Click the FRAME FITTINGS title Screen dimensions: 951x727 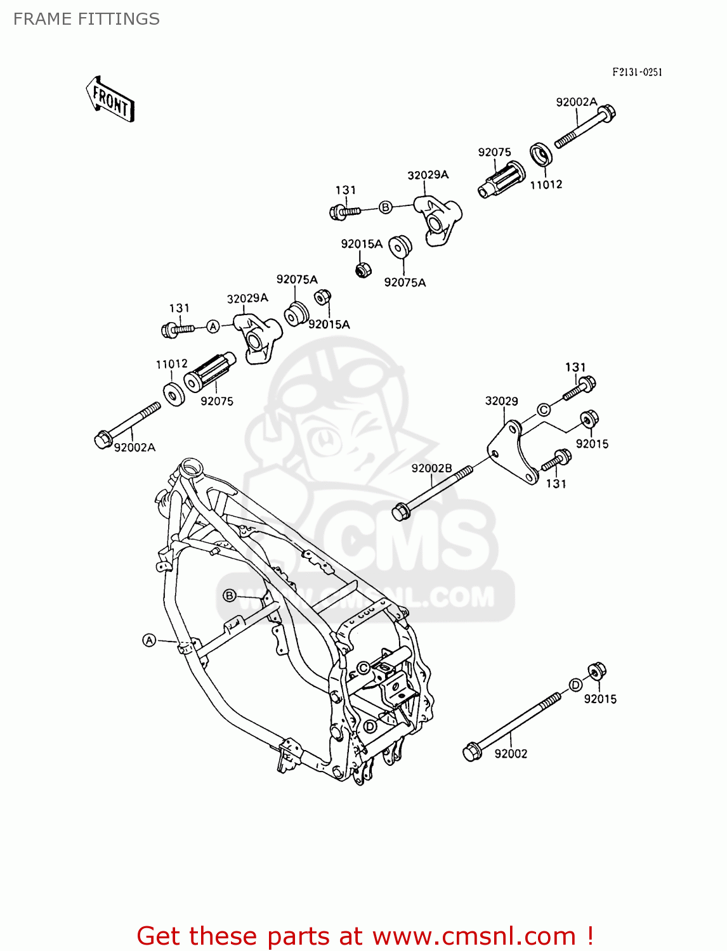pos(86,19)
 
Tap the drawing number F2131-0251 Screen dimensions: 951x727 pos(637,72)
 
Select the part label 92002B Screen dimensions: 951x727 pos(431,469)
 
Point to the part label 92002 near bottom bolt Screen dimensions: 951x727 pos(511,753)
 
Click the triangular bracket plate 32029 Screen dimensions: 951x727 pos(512,451)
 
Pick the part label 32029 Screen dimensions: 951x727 pos(501,401)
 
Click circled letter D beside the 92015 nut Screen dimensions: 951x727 pos(575,685)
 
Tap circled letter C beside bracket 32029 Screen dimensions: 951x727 pos(544,410)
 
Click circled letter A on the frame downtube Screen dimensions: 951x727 pos(149,640)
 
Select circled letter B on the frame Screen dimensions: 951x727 pos(230,595)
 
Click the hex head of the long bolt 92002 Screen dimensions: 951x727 pos(471,752)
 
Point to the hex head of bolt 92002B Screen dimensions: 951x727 pos(400,512)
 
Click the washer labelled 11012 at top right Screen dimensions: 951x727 pos(541,155)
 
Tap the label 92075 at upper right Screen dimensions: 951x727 pos(494,152)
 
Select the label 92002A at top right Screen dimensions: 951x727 pos(576,102)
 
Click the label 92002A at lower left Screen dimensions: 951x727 pos(134,448)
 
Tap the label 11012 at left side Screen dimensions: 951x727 pos(171,364)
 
